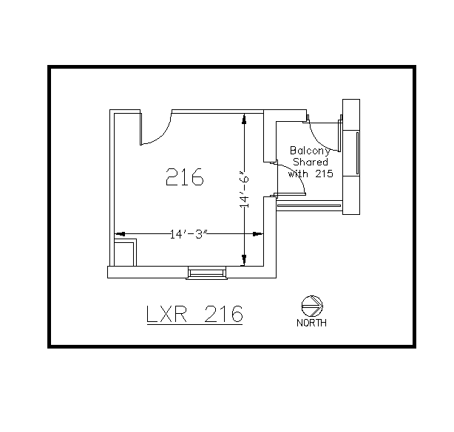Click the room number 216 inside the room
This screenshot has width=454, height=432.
[185, 177]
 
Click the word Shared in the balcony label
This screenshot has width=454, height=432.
[311, 162]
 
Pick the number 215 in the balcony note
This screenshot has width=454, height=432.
[324, 174]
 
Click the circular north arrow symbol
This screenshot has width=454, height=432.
[311, 306]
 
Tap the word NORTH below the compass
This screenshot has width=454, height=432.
[312, 323]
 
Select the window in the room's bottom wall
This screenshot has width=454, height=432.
[206, 273]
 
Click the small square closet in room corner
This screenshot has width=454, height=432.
[124, 251]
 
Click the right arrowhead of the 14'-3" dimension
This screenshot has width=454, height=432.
[259, 235]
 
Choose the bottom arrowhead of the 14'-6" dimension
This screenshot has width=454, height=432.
[244, 260]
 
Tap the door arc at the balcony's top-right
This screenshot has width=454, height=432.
[322, 137]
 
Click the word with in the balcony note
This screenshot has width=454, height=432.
[298, 174]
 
